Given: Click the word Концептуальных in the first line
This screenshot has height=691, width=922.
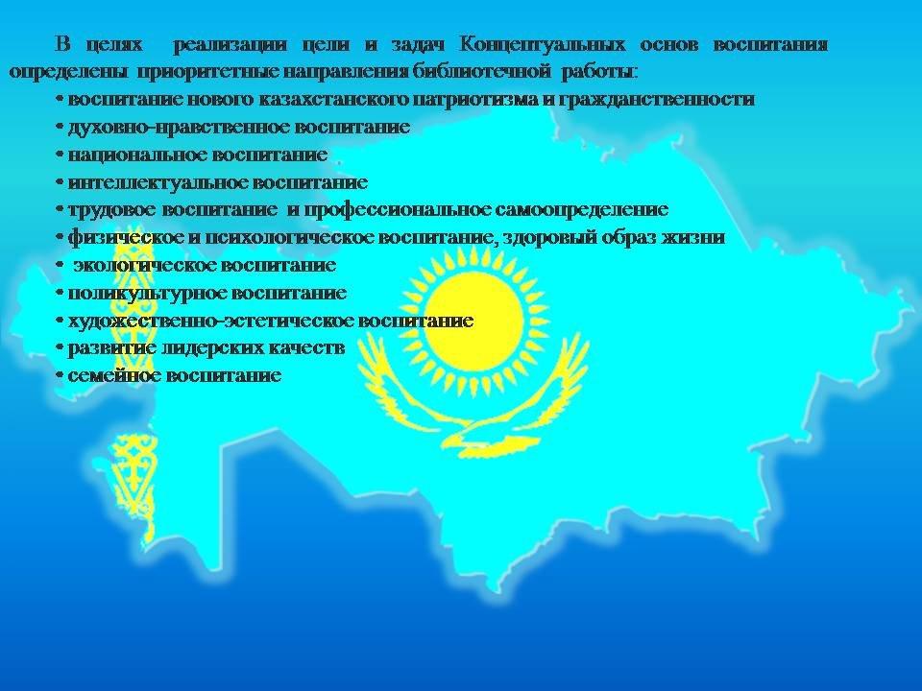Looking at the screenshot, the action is point(542,45).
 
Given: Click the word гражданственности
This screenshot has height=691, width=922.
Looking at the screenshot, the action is point(655,100).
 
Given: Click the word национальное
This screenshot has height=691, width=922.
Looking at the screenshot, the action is point(137,155).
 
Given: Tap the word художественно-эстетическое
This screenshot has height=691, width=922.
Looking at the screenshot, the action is point(210,321).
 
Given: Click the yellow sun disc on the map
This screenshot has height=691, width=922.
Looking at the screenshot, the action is point(473,322).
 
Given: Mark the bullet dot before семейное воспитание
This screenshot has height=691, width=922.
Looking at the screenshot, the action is point(60,375).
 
